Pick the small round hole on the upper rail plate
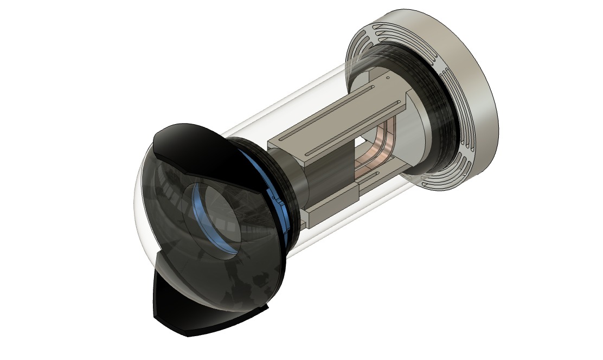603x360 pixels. tap(388, 79)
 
